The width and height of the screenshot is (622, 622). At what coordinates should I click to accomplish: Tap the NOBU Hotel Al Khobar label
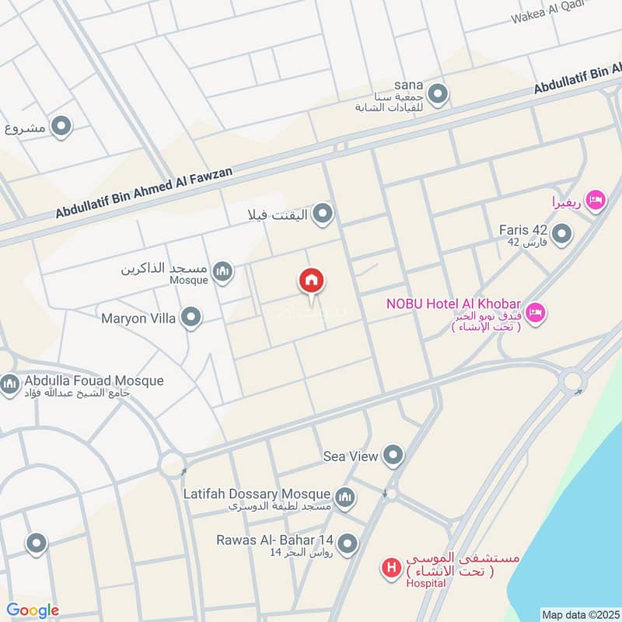point(453,303)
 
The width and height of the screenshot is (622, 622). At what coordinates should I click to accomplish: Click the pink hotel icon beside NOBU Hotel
point(536,313)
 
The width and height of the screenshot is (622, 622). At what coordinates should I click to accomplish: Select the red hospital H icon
point(391,568)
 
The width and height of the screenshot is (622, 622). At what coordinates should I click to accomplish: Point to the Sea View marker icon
point(395,456)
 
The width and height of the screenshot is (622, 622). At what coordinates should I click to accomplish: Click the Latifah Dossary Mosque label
point(257,494)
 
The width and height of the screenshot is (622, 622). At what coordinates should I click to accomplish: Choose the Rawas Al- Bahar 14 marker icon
point(348,543)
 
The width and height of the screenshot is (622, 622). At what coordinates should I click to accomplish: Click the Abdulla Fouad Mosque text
point(94,381)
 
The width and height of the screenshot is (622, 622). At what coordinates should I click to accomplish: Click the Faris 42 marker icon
point(561,232)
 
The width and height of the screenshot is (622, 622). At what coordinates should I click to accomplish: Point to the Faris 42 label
point(523,230)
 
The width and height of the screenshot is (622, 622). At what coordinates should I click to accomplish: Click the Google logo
point(33,610)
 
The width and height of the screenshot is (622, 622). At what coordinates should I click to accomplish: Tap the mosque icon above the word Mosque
point(223,271)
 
